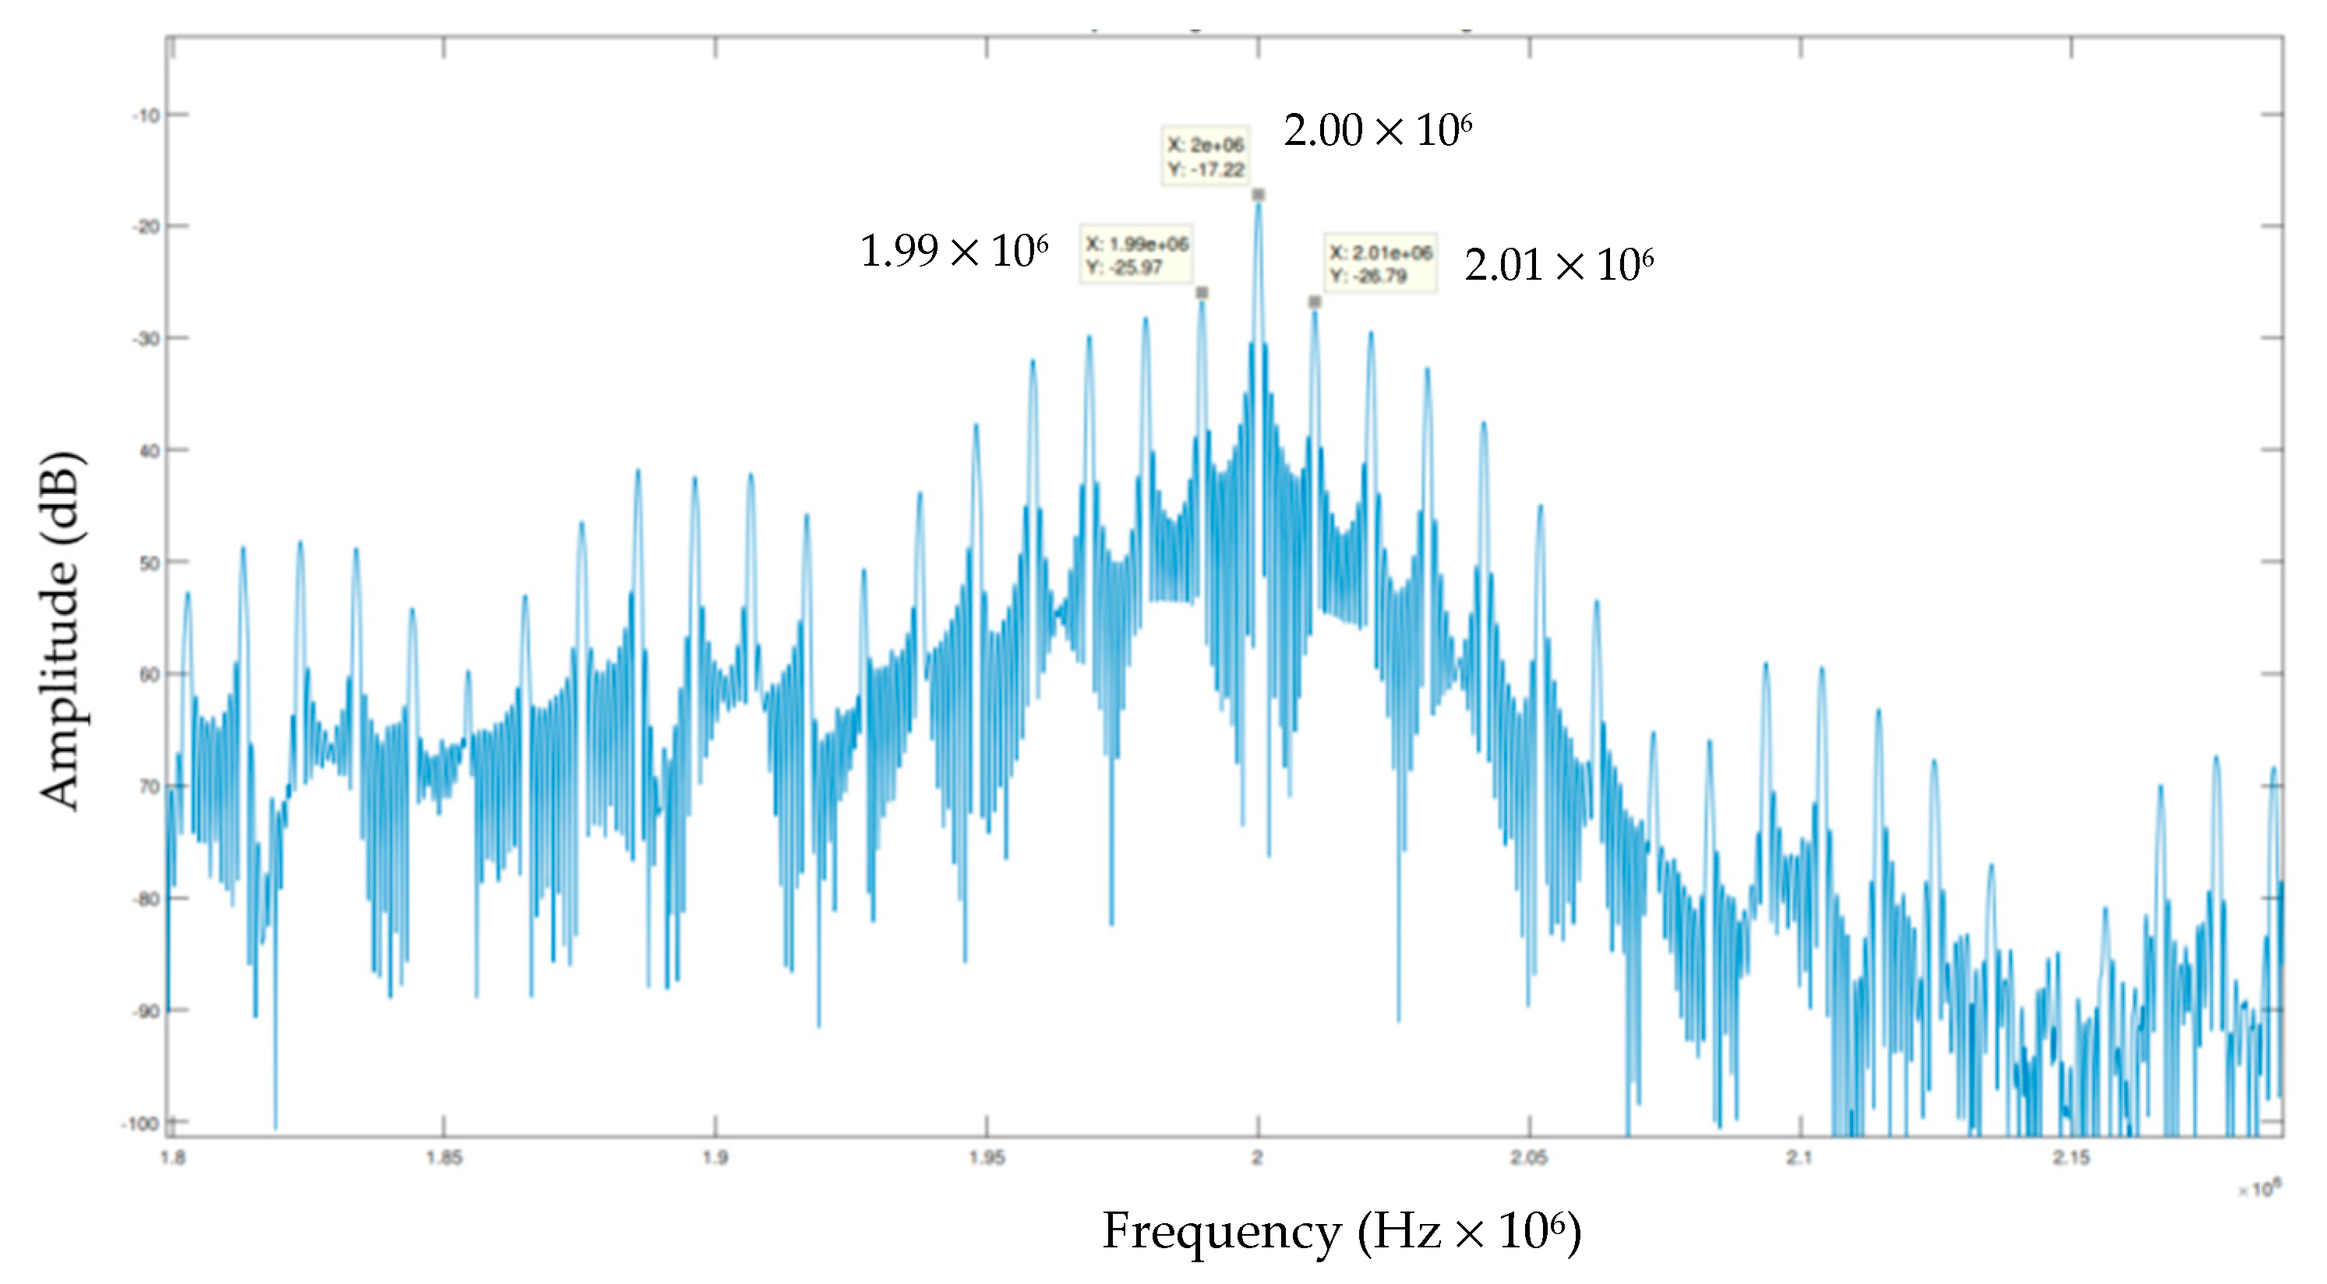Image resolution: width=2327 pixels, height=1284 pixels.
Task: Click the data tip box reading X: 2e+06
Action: pyautogui.click(x=1205, y=156)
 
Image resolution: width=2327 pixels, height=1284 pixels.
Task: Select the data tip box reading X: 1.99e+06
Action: pyautogui.click(x=1136, y=255)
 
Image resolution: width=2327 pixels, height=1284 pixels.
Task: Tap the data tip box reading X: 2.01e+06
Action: pyautogui.click(x=1380, y=263)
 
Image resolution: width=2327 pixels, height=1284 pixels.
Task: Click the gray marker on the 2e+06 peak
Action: pyautogui.click(x=1259, y=195)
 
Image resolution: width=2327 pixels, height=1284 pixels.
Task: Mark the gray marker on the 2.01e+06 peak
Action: pyautogui.click(x=1315, y=302)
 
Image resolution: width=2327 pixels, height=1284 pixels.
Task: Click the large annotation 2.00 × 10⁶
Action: pyautogui.click(x=1378, y=131)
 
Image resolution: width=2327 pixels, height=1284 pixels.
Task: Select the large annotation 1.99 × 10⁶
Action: pyautogui.click(x=954, y=251)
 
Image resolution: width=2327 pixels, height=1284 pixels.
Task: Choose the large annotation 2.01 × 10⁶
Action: pyautogui.click(x=1559, y=266)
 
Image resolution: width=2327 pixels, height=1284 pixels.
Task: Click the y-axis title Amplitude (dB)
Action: pyautogui.click(x=61, y=630)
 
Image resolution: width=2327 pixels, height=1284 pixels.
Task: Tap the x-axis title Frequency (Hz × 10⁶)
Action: pyautogui.click(x=1341, y=1231)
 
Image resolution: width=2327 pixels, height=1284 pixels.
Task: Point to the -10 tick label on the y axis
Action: pyautogui.click(x=146, y=115)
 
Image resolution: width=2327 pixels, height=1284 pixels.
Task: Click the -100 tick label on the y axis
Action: pyautogui.click(x=140, y=1124)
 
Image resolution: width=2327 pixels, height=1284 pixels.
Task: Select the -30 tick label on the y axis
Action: pyautogui.click(x=146, y=339)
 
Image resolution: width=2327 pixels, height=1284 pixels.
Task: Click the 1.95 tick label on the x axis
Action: pyautogui.click(x=987, y=1159)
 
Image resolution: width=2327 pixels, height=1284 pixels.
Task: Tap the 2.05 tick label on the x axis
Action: pyautogui.click(x=1528, y=1159)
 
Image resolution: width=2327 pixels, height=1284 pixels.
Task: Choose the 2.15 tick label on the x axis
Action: pyautogui.click(x=2071, y=1159)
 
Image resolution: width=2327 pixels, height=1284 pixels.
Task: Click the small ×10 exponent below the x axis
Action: pyautogui.click(x=2260, y=1189)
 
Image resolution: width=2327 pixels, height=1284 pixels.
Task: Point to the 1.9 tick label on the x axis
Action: pyautogui.click(x=715, y=1159)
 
